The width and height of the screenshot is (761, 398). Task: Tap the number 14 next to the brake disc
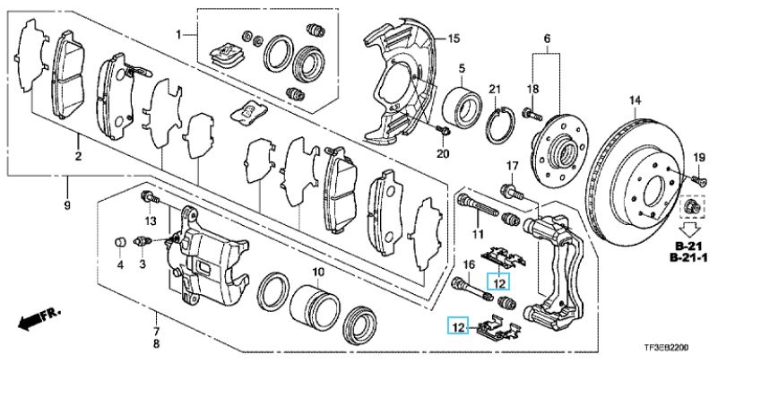(636, 99)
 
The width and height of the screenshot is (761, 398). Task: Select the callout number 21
(494, 88)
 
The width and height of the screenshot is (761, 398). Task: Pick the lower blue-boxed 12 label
(459, 326)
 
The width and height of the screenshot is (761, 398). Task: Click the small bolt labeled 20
(443, 132)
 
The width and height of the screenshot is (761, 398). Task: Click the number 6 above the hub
(547, 39)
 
